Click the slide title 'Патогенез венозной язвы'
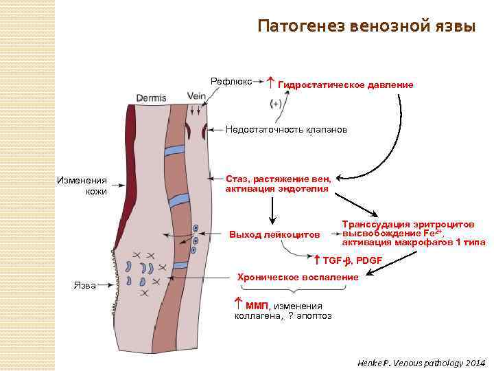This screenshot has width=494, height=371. (366, 27)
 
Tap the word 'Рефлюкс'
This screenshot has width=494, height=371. (231, 81)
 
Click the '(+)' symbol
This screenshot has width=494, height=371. (277, 104)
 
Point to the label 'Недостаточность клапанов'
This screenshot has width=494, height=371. (287, 130)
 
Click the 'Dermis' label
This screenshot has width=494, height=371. (151, 98)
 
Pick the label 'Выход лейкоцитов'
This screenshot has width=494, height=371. (274, 235)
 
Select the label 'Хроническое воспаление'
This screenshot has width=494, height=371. (297, 277)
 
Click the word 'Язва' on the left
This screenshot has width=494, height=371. (84, 285)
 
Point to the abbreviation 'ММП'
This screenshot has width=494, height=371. (257, 306)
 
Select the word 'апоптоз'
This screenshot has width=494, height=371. (316, 316)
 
